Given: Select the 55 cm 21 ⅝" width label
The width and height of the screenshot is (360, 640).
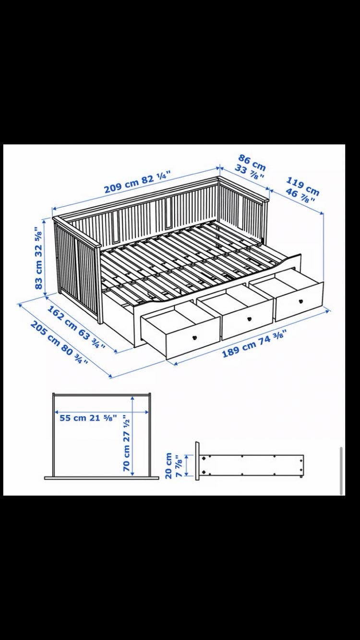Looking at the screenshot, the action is click(x=88, y=418).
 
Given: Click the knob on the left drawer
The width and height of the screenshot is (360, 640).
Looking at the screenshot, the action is click(x=195, y=337).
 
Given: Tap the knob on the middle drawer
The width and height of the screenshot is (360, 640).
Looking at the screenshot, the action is click(x=249, y=318).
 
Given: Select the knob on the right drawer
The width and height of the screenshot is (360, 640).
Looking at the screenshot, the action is click(x=300, y=301).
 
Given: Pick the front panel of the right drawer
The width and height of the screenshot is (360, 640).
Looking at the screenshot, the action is click(x=300, y=301).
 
